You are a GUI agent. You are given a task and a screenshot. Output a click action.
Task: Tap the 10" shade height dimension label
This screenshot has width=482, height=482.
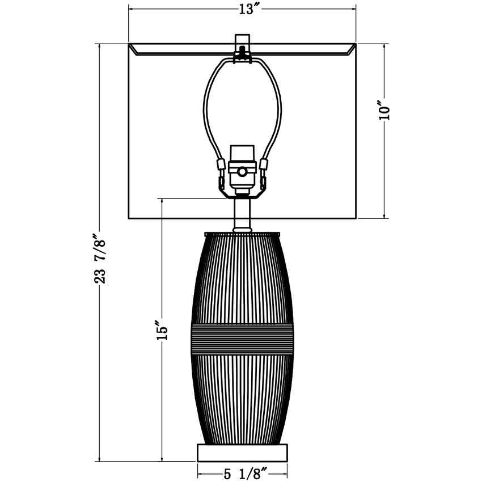tap(384, 110)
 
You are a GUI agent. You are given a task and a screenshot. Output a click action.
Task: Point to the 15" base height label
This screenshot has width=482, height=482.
tap(162, 330)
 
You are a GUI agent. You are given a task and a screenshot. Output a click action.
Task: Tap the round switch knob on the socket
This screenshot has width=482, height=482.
tap(242, 172)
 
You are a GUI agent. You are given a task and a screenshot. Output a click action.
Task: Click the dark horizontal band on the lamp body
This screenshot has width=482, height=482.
tap(242, 339)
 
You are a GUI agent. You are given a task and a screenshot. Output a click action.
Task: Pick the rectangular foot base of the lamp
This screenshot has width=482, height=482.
tap(242, 452)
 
